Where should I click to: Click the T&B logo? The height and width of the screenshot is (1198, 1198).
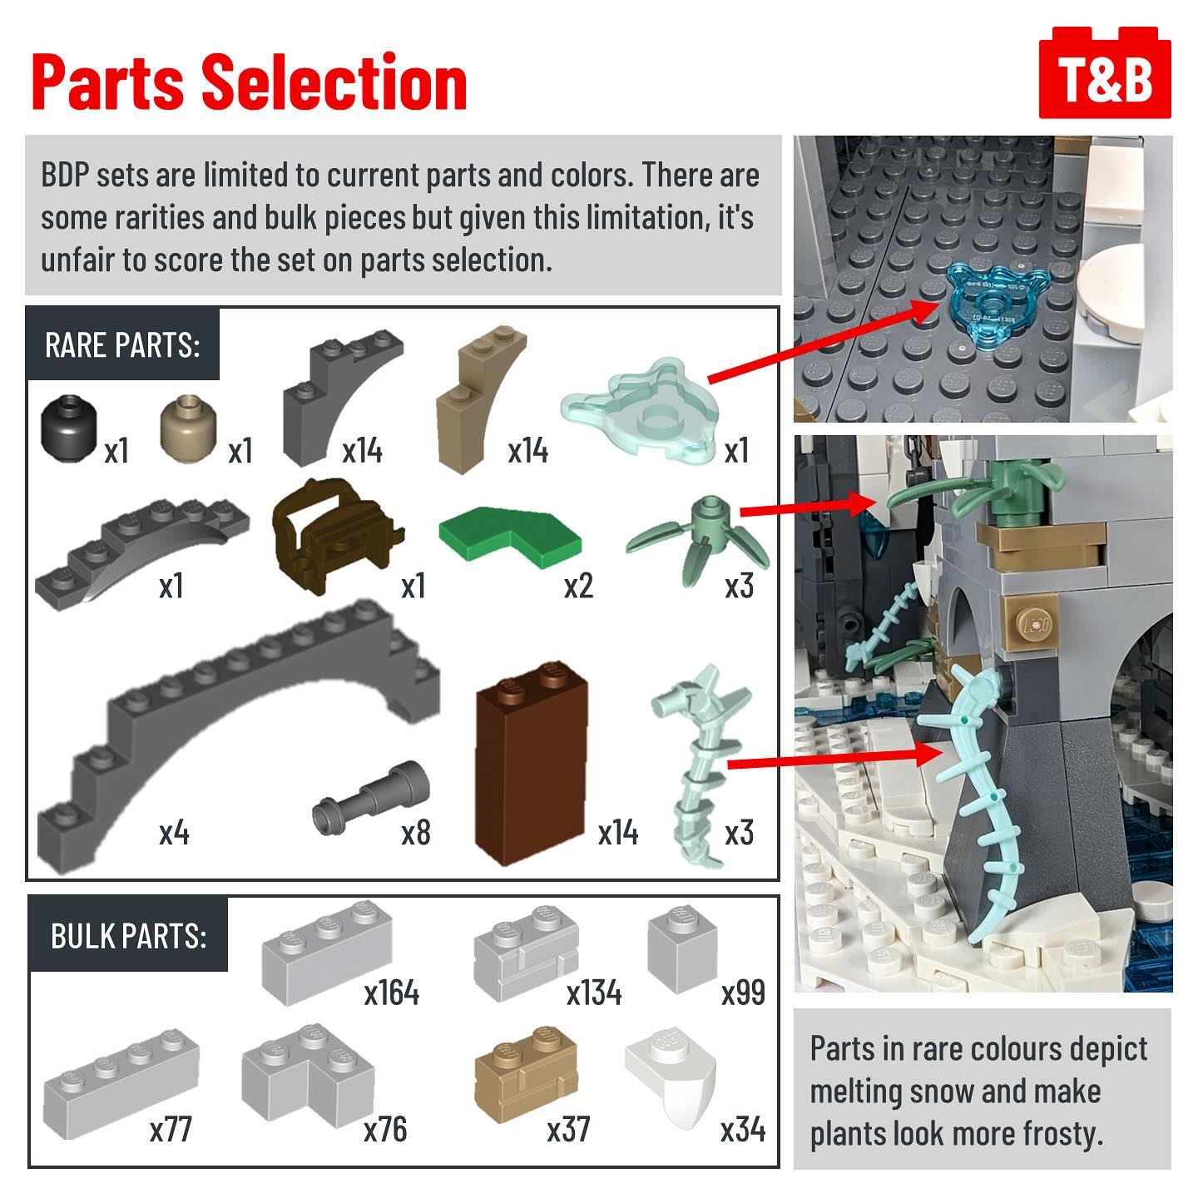click(x=1104, y=72)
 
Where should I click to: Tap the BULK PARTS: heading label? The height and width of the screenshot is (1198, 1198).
click(x=128, y=936)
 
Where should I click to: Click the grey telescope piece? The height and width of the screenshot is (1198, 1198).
click(x=371, y=798)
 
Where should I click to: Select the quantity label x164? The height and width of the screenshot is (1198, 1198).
click(x=392, y=993)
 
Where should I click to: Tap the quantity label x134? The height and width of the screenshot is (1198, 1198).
click(x=594, y=993)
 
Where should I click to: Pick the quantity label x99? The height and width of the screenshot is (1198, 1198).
click(x=744, y=993)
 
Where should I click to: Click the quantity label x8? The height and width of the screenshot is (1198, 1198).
click(x=416, y=833)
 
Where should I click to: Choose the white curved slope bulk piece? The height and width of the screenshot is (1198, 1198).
click(x=671, y=1077)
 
